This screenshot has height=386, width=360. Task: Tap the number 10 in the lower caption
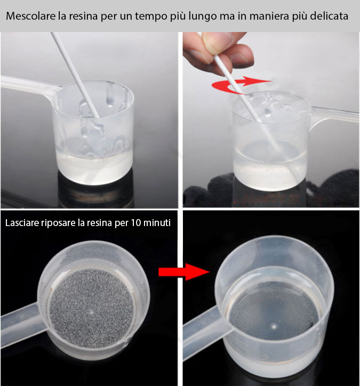pos(135,223)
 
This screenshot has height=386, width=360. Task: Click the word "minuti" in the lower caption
pos(157,223)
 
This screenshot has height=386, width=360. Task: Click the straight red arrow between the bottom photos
pos(183,272)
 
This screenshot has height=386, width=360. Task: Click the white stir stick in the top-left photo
pos(75,75)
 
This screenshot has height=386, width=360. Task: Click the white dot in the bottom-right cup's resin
pos(274,327)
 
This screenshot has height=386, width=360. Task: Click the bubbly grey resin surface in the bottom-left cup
pos(92,309)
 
